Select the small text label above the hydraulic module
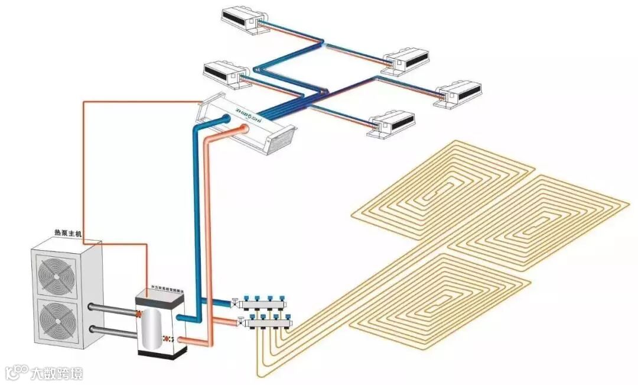click(161, 286)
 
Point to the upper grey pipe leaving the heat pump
click(112, 308)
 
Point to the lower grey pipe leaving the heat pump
click(112, 329)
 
